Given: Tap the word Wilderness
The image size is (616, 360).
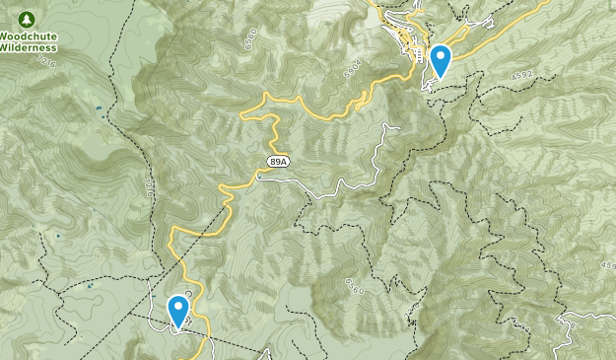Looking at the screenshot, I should [x=28, y=46].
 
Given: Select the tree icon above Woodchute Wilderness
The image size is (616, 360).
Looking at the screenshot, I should [x=27, y=20].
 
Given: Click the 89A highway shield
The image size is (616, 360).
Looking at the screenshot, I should [x=279, y=161].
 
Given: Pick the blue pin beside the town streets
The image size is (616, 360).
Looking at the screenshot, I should [x=440, y=61].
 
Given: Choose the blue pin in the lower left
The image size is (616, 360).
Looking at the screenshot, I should [x=178, y=312].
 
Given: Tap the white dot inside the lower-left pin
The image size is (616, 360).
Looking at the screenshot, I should [x=178, y=307].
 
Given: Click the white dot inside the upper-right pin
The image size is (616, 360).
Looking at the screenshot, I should [x=440, y=56].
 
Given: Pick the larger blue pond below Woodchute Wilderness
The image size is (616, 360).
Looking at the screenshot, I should [x=99, y=108].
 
